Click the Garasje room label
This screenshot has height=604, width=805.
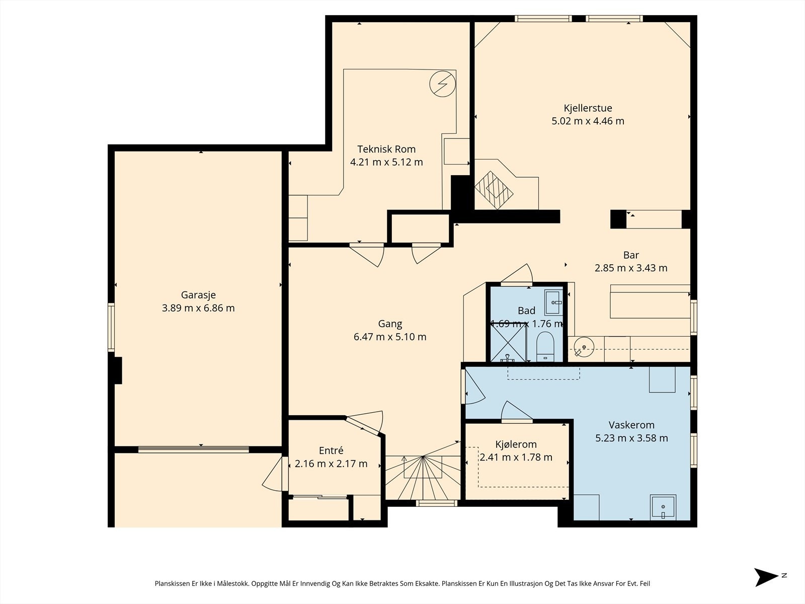(198, 295)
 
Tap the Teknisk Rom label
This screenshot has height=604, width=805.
(386, 149)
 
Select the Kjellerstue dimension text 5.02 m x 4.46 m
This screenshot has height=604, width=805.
(588, 121)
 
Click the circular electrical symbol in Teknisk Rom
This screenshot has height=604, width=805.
(443, 84)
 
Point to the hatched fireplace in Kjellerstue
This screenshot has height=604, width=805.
(494, 190)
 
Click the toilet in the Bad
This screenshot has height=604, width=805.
(545, 347)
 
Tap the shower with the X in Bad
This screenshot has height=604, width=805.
(508, 343)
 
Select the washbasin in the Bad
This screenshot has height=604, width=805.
(553, 303)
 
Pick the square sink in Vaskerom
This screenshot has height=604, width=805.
(663, 507)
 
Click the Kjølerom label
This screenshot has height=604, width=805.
(516, 444)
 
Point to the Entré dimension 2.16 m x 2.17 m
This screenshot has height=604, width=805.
(331, 464)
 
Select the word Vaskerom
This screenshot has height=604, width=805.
(631, 425)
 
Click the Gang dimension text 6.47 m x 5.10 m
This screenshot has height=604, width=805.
(390, 337)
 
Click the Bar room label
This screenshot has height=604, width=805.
(631, 255)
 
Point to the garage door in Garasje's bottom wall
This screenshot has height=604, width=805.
(194, 449)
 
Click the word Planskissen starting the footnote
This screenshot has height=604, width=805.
(173, 583)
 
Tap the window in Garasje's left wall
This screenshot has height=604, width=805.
(111, 328)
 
